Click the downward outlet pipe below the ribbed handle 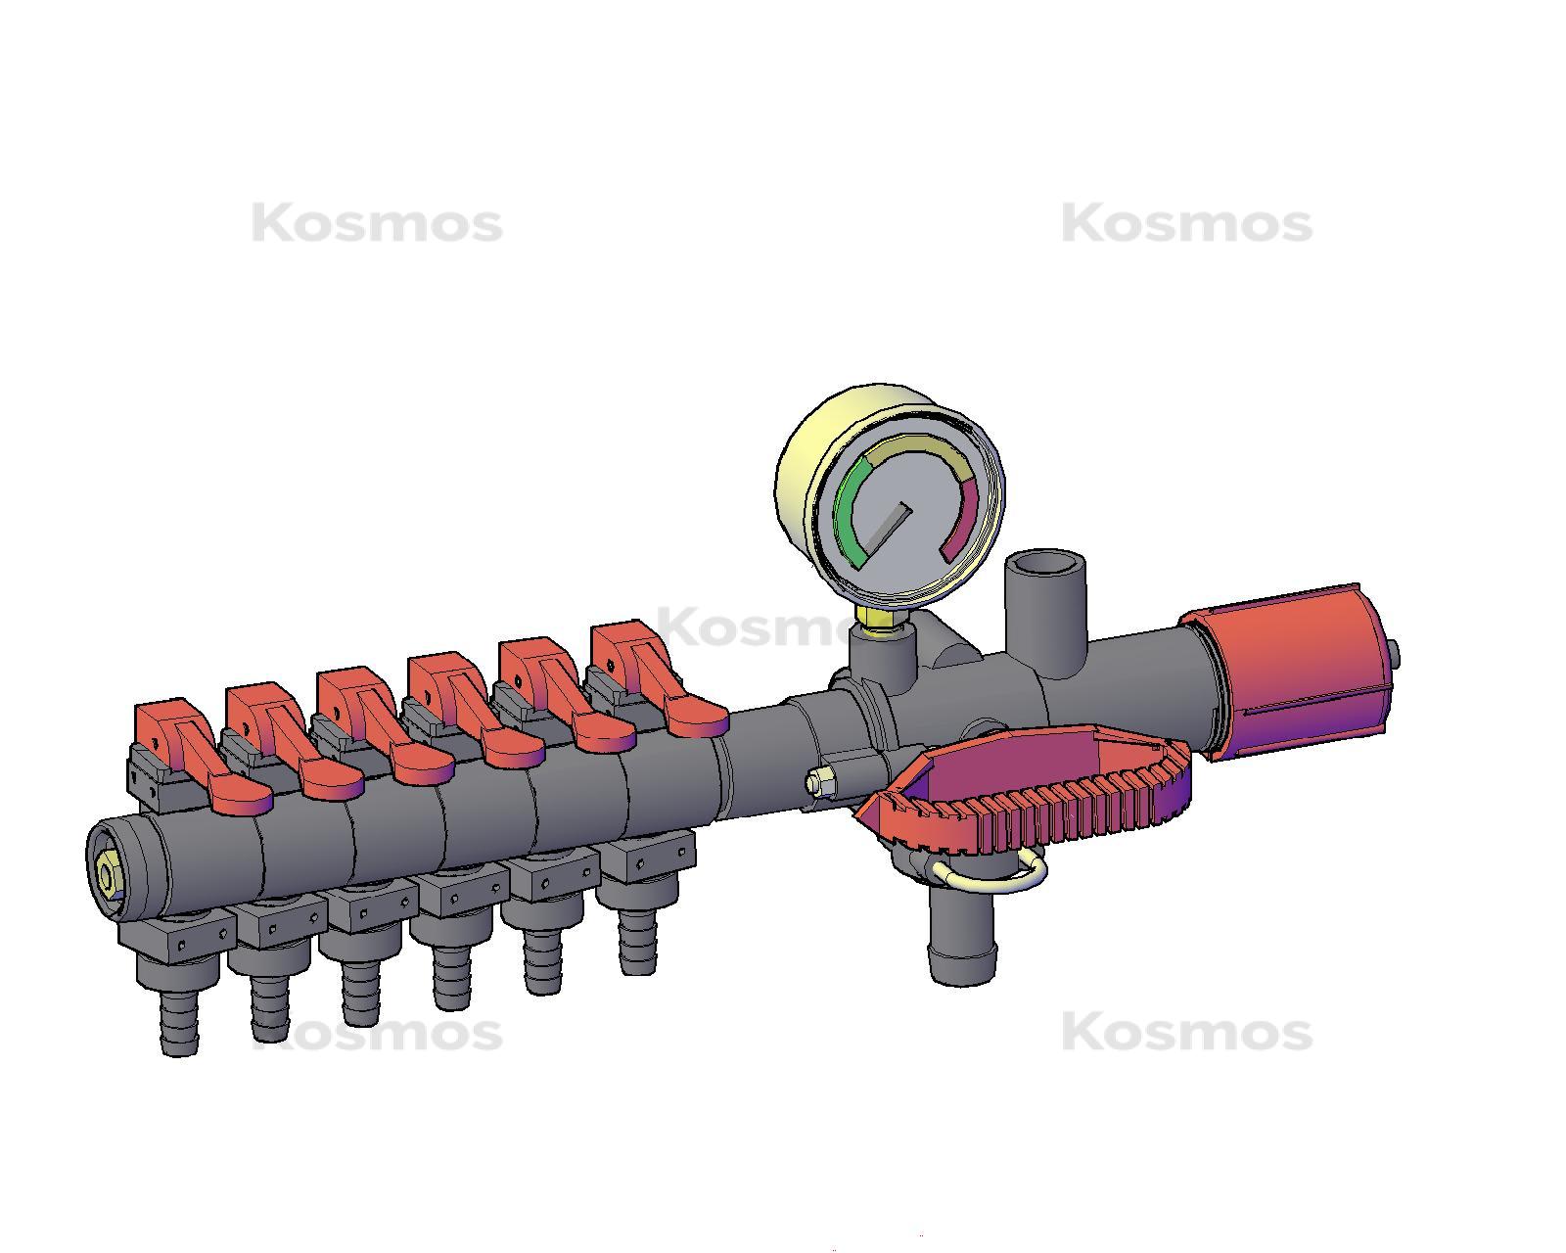point(961,940)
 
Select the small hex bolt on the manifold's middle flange point(820,781)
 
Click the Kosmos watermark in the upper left point(377,224)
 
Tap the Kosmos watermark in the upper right point(1186,224)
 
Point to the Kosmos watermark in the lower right point(1186,1033)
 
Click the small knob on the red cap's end point(1393,655)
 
